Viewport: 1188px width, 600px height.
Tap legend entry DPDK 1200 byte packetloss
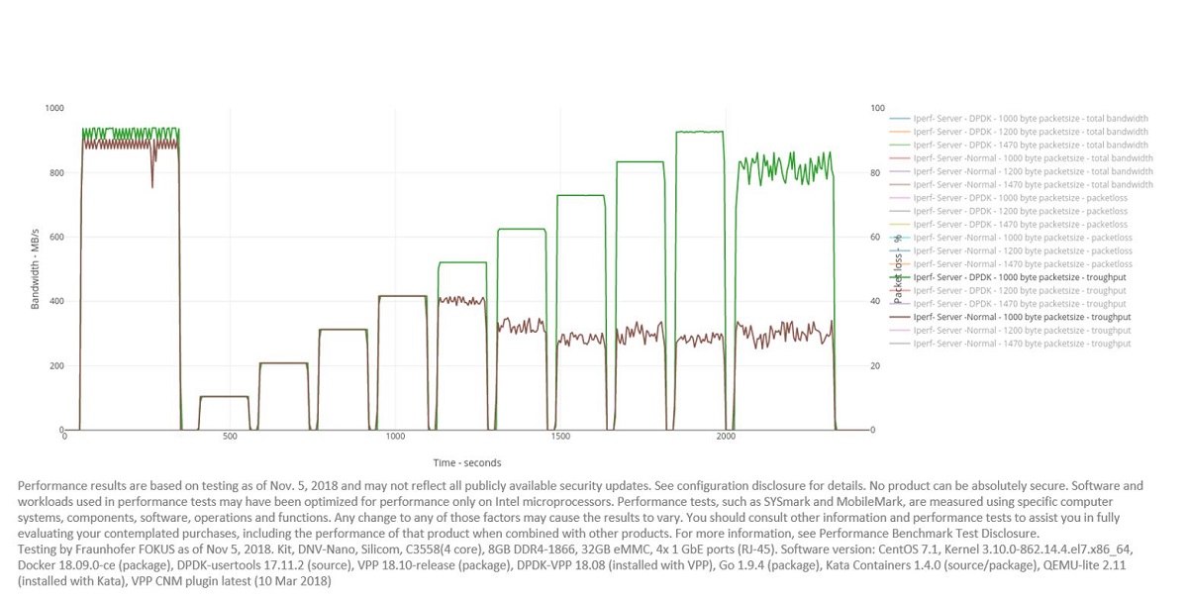(x=1020, y=211)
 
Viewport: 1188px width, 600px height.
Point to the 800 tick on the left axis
(x=56, y=172)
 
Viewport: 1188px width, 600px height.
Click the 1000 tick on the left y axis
(x=54, y=108)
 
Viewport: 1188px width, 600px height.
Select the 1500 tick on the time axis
(x=560, y=437)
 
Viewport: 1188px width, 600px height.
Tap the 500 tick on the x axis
(x=230, y=437)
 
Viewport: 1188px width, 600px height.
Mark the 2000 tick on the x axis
(x=726, y=437)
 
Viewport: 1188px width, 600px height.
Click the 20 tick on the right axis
(x=877, y=366)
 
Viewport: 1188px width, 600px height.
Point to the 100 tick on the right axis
(x=878, y=108)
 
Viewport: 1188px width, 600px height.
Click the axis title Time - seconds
(x=467, y=462)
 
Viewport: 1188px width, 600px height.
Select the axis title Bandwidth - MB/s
(x=36, y=268)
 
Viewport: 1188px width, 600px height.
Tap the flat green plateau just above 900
(x=699, y=132)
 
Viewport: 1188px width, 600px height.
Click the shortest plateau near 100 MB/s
(x=224, y=397)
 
